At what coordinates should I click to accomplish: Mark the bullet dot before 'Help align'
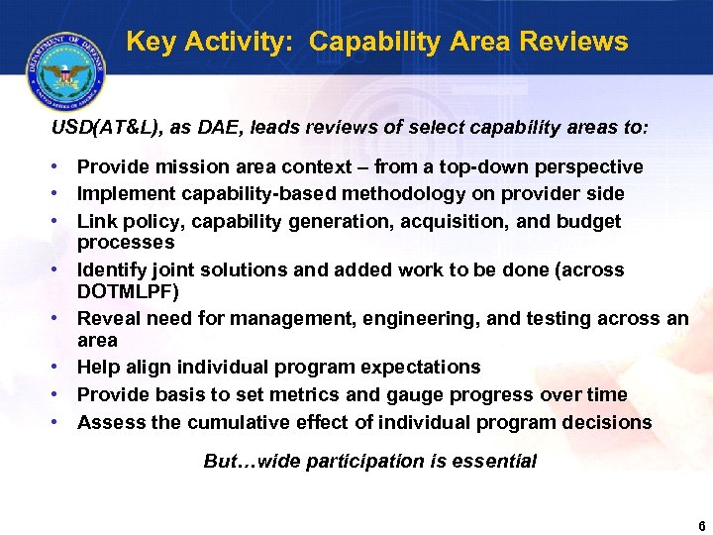tap(58, 367)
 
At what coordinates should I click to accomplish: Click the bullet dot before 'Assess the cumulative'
tap(58, 422)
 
